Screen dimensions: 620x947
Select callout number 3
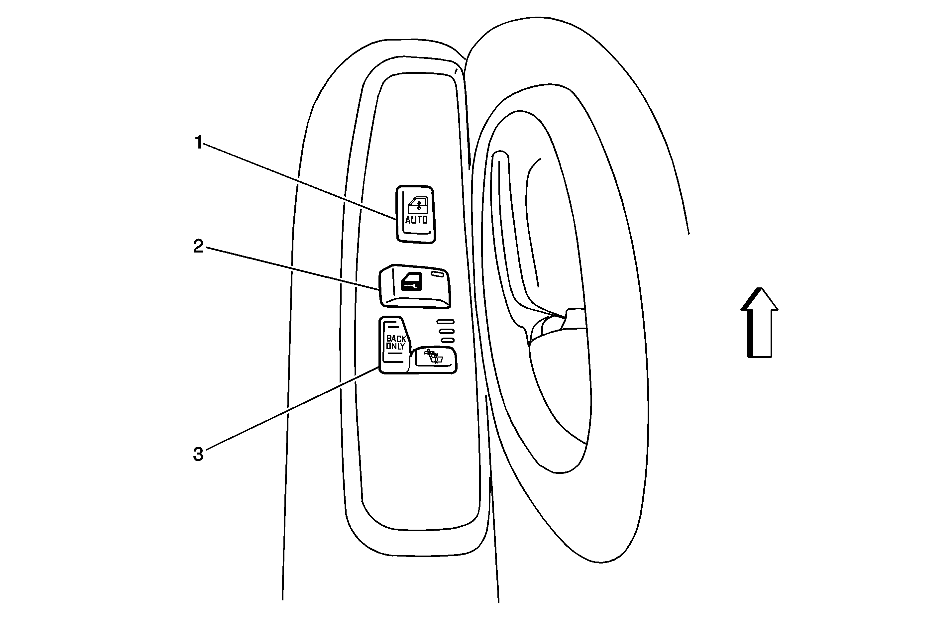(x=198, y=454)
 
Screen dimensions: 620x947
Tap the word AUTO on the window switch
(x=416, y=220)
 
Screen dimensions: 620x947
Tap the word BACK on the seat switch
(x=396, y=339)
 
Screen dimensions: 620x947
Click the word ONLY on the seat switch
(x=395, y=346)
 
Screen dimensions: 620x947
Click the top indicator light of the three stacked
(x=445, y=322)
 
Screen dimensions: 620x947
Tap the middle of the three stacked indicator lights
(x=446, y=331)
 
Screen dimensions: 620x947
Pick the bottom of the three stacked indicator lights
(x=447, y=340)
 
